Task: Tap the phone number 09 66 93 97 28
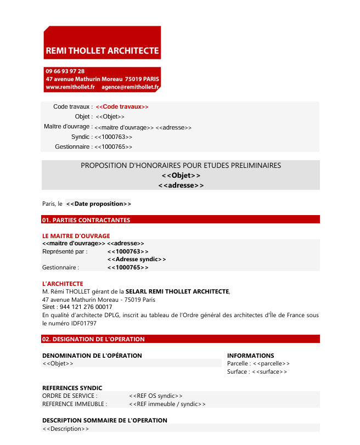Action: (x=65, y=71)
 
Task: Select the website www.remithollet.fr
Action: (x=70, y=87)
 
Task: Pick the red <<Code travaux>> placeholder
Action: (x=122, y=106)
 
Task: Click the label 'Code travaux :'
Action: (x=73, y=106)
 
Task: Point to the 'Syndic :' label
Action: (x=82, y=137)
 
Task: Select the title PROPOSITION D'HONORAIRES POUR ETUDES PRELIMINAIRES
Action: (x=181, y=165)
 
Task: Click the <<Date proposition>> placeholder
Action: (x=98, y=204)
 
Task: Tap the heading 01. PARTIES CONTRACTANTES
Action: (x=86, y=220)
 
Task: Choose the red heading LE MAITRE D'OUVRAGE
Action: (x=76, y=236)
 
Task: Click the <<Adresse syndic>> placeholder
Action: (x=137, y=259)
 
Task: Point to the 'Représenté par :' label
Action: (x=65, y=251)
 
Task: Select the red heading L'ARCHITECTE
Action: (x=63, y=284)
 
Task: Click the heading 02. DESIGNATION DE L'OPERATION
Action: (x=93, y=339)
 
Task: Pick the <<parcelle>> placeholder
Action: (x=272, y=363)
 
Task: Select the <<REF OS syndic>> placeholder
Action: (x=156, y=396)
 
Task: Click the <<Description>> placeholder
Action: (x=66, y=429)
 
